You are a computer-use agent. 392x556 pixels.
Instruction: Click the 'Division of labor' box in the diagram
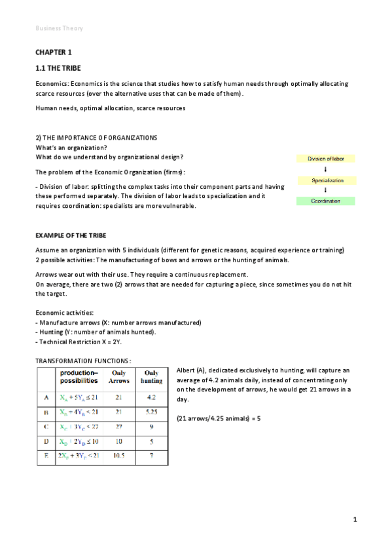(x=325, y=158)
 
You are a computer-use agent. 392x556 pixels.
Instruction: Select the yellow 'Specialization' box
(x=325, y=180)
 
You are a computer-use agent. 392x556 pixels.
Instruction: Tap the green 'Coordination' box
(x=325, y=201)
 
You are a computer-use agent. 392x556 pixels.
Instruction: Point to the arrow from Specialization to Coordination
(x=325, y=190)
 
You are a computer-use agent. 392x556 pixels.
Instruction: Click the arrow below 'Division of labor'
(x=325, y=169)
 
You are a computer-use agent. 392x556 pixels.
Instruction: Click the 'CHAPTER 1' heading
(x=54, y=52)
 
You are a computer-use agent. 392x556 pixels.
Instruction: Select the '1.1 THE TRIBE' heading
(x=59, y=68)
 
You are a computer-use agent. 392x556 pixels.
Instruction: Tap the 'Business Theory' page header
(x=59, y=28)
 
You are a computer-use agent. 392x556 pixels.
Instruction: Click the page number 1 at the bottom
(x=355, y=520)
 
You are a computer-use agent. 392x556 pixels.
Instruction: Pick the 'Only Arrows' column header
(x=119, y=376)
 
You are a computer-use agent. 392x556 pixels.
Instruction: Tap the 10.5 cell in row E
(x=119, y=455)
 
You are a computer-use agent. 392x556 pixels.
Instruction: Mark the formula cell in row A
(x=79, y=397)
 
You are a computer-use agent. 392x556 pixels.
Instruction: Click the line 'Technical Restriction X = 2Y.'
(x=80, y=342)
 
